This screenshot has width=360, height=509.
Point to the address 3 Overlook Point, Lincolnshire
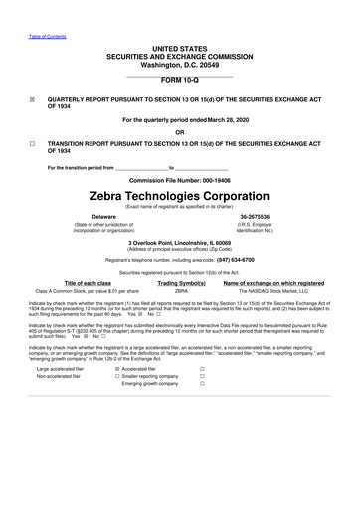[x=179, y=242]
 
